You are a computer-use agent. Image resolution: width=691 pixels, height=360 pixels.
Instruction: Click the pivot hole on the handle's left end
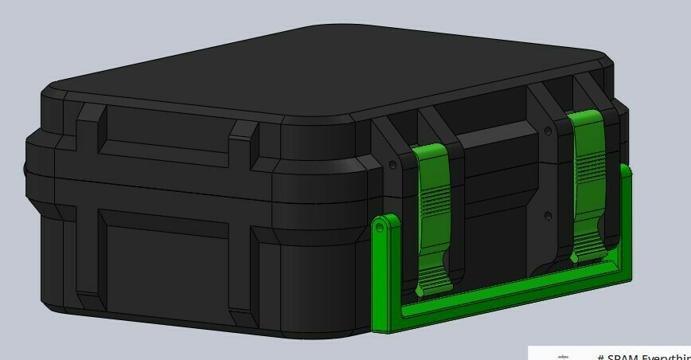point(381,227)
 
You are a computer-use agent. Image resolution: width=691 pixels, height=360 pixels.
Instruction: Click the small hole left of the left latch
point(393,165)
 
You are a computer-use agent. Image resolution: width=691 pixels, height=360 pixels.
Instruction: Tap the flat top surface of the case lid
point(318,72)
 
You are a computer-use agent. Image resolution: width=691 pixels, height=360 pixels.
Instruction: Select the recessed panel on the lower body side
point(163,259)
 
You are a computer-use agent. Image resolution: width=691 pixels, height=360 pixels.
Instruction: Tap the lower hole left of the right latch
point(548,215)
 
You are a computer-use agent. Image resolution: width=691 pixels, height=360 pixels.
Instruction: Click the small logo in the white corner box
point(564,356)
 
